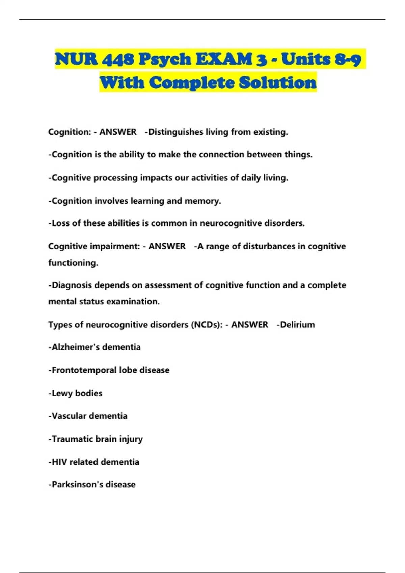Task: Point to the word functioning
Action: point(73,263)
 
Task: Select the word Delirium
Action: point(297,325)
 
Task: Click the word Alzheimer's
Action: point(75,347)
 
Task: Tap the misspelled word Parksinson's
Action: point(77,485)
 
